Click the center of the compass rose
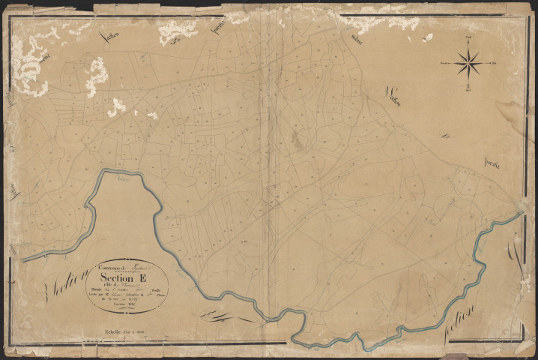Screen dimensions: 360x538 (468, 63)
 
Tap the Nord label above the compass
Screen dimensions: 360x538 (468, 37)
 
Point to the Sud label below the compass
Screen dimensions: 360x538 (468, 90)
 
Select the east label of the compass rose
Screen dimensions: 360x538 (495, 63)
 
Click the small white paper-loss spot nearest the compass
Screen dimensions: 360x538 (429, 37)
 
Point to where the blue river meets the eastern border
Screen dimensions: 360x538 (522, 213)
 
